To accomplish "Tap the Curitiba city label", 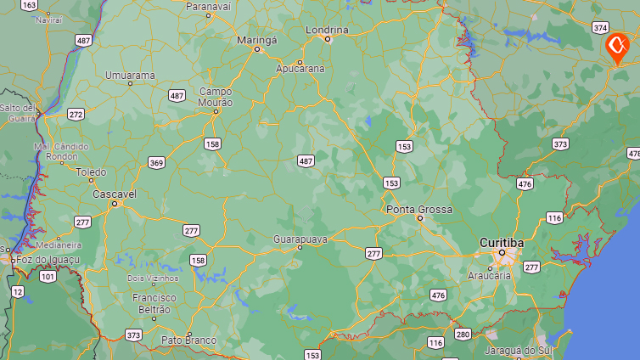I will pyautogui.click(x=502, y=242).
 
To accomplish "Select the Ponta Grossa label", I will pyautogui.click(x=419, y=209).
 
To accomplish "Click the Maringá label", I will pyautogui.click(x=256, y=39).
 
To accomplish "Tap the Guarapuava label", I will pyautogui.click(x=300, y=239).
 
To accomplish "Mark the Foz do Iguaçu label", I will pyautogui.click(x=44, y=258).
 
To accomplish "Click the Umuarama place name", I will pyautogui.click(x=130, y=76).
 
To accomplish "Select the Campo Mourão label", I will pyautogui.click(x=216, y=97).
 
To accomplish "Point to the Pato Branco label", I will pyautogui.click(x=188, y=340).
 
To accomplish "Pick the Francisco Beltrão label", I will pyautogui.click(x=154, y=303).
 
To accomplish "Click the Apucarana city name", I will pyautogui.click(x=300, y=68).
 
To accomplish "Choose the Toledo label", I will pyautogui.click(x=92, y=172).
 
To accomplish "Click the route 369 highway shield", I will pyautogui.click(x=156, y=162).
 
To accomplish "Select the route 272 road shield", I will pyautogui.click(x=76, y=114).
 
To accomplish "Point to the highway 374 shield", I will pyautogui.click(x=601, y=27).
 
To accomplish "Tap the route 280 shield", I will pyautogui.click(x=462, y=334).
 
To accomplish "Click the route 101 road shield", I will pyautogui.click(x=48, y=276).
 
